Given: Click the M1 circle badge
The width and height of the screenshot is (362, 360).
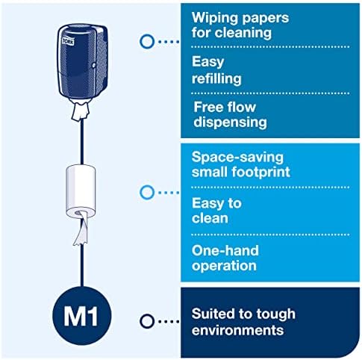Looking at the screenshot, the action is [82, 316].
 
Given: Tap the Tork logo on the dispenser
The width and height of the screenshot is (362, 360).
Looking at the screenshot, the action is [68, 41].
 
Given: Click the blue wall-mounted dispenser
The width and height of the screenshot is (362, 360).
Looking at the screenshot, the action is [82, 62].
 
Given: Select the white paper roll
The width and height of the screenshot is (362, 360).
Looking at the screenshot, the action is [81, 191].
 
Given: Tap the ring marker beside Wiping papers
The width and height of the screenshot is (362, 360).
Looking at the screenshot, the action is [147, 41].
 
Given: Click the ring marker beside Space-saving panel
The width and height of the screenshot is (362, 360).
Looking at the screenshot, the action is [147, 193].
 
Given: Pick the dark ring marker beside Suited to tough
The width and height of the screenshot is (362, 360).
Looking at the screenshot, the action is [147, 321].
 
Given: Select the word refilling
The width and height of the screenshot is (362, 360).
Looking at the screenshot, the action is [216, 78].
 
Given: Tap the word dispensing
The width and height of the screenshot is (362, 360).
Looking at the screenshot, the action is [231, 122].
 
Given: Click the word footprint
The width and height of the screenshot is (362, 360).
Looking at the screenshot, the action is [261, 172].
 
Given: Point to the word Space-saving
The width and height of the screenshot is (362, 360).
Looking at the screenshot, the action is [237, 158].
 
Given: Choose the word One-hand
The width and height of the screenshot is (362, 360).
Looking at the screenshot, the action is [225, 250].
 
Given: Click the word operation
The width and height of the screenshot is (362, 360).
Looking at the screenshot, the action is [224, 266].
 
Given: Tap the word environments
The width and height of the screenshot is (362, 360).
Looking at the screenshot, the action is [238, 330].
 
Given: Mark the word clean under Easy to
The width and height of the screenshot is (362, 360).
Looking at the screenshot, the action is [210, 218].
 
